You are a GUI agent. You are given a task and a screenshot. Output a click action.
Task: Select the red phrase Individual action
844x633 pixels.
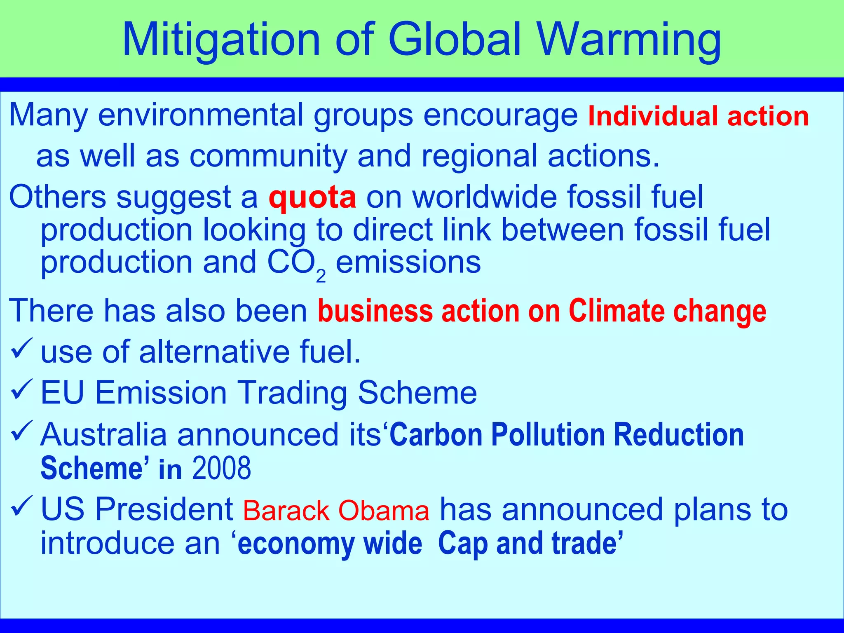pyautogui.click(x=698, y=116)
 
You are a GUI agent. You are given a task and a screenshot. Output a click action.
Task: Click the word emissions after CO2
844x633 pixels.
pyautogui.click(x=408, y=263)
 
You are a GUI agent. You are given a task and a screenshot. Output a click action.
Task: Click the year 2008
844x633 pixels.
pyautogui.click(x=221, y=468)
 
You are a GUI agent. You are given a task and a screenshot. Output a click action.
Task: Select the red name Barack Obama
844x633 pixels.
pyautogui.click(x=336, y=511)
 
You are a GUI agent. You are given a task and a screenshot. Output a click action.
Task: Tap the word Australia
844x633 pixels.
pyautogui.click(x=103, y=434)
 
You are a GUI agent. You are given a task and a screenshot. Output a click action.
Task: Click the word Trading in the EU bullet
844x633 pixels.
pyautogui.click(x=293, y=393)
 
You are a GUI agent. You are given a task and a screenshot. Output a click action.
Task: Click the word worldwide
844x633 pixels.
pyautogui.click(x=485, y=197)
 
